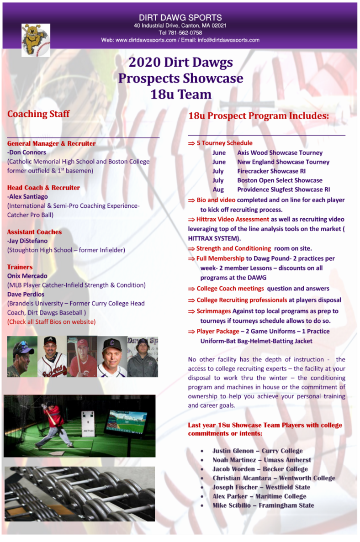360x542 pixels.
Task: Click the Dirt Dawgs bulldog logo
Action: click(36, 40)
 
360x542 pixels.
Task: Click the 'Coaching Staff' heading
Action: click(38, 114)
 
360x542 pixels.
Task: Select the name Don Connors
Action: click(27, 153)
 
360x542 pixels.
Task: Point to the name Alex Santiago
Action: click(28, 197)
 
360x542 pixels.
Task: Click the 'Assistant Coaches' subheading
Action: click(34, 232)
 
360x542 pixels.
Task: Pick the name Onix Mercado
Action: click(27, 276)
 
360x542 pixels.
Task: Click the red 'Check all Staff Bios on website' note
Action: click(52, 322)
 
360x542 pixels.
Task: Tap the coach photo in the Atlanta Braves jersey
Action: click(52, 357)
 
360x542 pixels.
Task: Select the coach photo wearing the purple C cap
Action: click(112, 357)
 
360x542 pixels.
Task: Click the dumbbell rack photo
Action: click(80, 494)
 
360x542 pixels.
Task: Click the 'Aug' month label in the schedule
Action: click(218, 189)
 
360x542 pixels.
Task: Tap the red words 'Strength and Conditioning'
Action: click(233, 248)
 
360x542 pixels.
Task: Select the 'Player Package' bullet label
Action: click(217, 332)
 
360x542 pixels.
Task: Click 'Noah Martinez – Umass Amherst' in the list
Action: click(261, 460)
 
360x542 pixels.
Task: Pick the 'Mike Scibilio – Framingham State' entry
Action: click(263, 505)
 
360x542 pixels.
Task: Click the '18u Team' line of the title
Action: click(181, 95)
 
